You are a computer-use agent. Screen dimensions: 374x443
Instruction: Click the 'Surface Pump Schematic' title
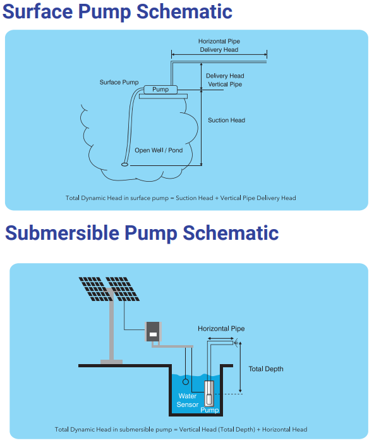click(x=117, y=11)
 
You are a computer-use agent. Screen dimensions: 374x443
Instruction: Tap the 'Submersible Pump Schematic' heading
click(x=142, y=233)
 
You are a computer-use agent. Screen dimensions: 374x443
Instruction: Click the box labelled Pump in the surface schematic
click(x=160, y=90)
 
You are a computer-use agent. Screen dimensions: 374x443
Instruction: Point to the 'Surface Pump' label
click(x=119, y=82)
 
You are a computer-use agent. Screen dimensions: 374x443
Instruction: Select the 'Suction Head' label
click(x=226, y=120)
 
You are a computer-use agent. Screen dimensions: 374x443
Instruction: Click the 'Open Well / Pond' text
click(x=159, y=150)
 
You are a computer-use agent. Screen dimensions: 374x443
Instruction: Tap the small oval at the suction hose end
click(x=124, y=165)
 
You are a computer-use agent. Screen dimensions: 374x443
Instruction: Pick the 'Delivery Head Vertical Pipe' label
click(x=225, y=80)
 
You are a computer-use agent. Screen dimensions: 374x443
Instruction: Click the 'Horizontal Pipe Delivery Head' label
click(x=219, y=45)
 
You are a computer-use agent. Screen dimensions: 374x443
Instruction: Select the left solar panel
click(x=94, y=289)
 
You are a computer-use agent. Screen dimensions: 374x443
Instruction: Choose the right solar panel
click(x=123, y=289)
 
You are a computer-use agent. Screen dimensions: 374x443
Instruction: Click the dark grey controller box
click(x=154, y=332)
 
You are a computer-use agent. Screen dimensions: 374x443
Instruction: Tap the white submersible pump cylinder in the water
click(x=209, y=393)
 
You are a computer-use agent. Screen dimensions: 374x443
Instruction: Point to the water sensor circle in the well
click(x=186, y=382)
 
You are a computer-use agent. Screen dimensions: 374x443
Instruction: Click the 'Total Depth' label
click(x=265, y=369)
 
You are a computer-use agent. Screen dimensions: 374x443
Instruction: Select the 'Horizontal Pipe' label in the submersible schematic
click(x=221, y=329)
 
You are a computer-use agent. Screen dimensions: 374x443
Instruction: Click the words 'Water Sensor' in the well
click(x=187, y=400)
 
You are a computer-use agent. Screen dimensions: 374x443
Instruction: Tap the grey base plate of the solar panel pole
click(x=111, y=362)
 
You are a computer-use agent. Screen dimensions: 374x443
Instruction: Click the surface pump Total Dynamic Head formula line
click(x=181, y=198)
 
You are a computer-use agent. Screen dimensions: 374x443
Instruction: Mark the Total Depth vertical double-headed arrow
click(x=240, y=367)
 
